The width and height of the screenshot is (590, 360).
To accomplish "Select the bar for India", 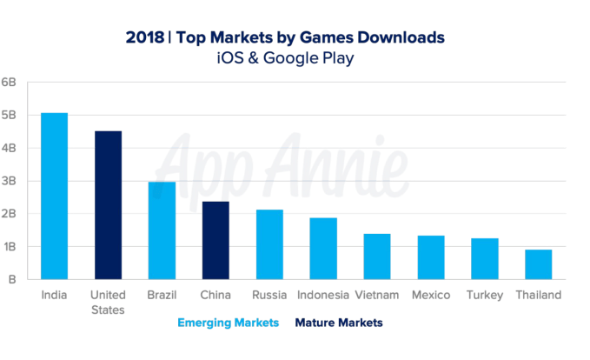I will point(54,196).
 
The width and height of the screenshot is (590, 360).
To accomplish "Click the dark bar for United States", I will point(108,205).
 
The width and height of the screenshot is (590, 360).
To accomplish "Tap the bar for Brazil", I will point(162,230).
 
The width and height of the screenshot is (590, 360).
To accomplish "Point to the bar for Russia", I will point(269,244).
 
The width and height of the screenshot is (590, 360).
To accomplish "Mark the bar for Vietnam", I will point(377,257).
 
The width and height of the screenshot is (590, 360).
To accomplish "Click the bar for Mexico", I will point(431,257).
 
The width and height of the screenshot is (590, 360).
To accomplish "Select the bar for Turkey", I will point(485,258).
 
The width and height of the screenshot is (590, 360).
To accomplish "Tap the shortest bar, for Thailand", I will point(539,264).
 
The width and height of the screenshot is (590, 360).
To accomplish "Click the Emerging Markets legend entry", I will point(229,323).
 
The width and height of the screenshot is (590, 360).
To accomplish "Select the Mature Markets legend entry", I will point(339,323).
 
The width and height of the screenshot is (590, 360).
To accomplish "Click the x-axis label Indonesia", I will point(323,296).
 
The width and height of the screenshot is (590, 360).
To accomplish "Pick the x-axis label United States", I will point(108,302).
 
